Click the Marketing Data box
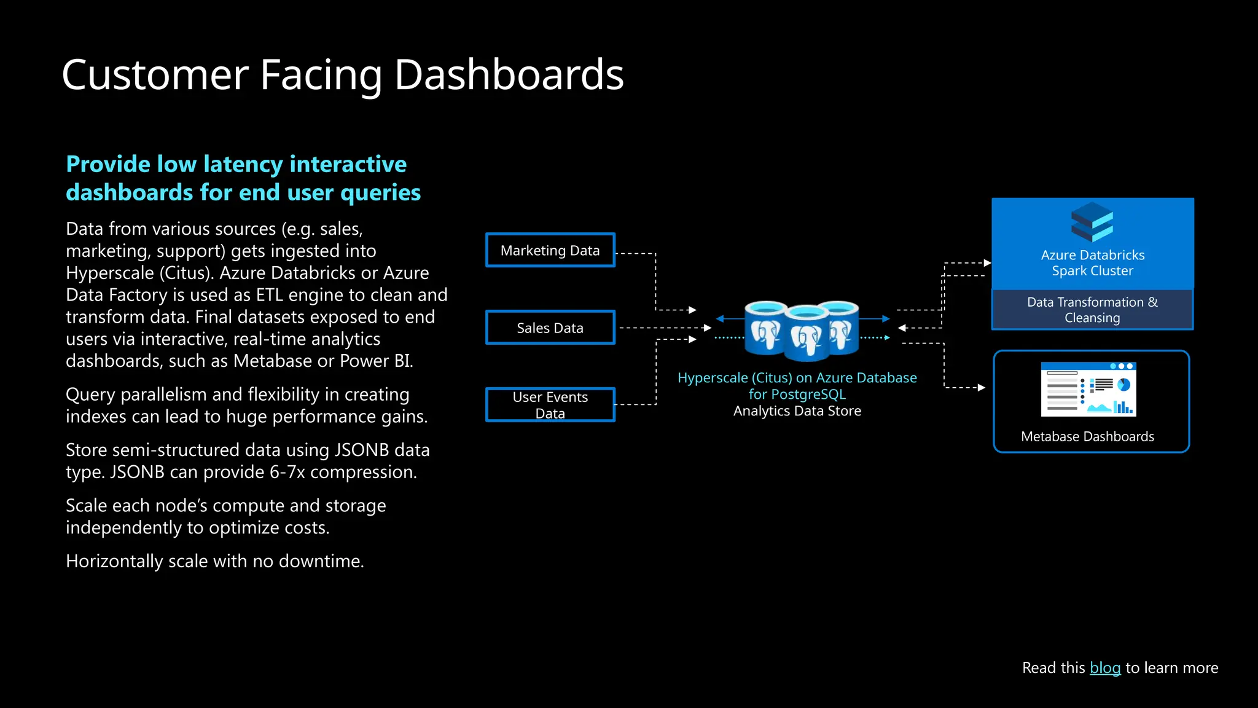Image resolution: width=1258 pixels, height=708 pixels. [550, 250]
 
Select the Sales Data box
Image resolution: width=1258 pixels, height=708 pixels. [550, 328]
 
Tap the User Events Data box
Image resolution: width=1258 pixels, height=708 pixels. [550, 404]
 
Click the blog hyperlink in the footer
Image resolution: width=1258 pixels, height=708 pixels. [1104, 667]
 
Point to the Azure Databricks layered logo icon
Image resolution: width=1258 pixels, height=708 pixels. [1092, 222]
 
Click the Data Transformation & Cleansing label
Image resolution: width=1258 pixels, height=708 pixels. [1092, 310]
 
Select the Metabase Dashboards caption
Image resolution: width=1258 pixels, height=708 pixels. [1087, 436]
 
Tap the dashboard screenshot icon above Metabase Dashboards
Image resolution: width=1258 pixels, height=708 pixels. [1088, 389]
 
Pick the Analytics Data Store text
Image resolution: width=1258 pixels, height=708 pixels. [797, 411]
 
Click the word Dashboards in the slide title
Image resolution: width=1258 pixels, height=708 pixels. [509, 75]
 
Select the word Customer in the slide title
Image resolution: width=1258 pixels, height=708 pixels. [155, 75]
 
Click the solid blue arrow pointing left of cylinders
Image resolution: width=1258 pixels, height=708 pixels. [721, 318]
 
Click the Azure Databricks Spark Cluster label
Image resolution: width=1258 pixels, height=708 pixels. [1092, 263]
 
